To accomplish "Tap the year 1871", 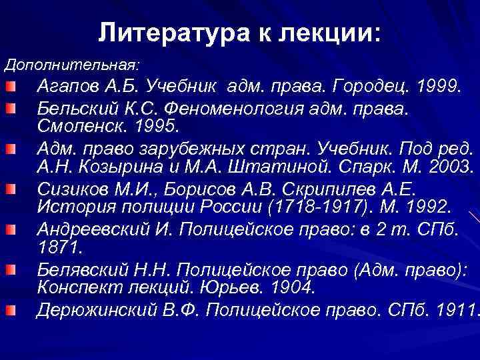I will coord(58,247).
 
